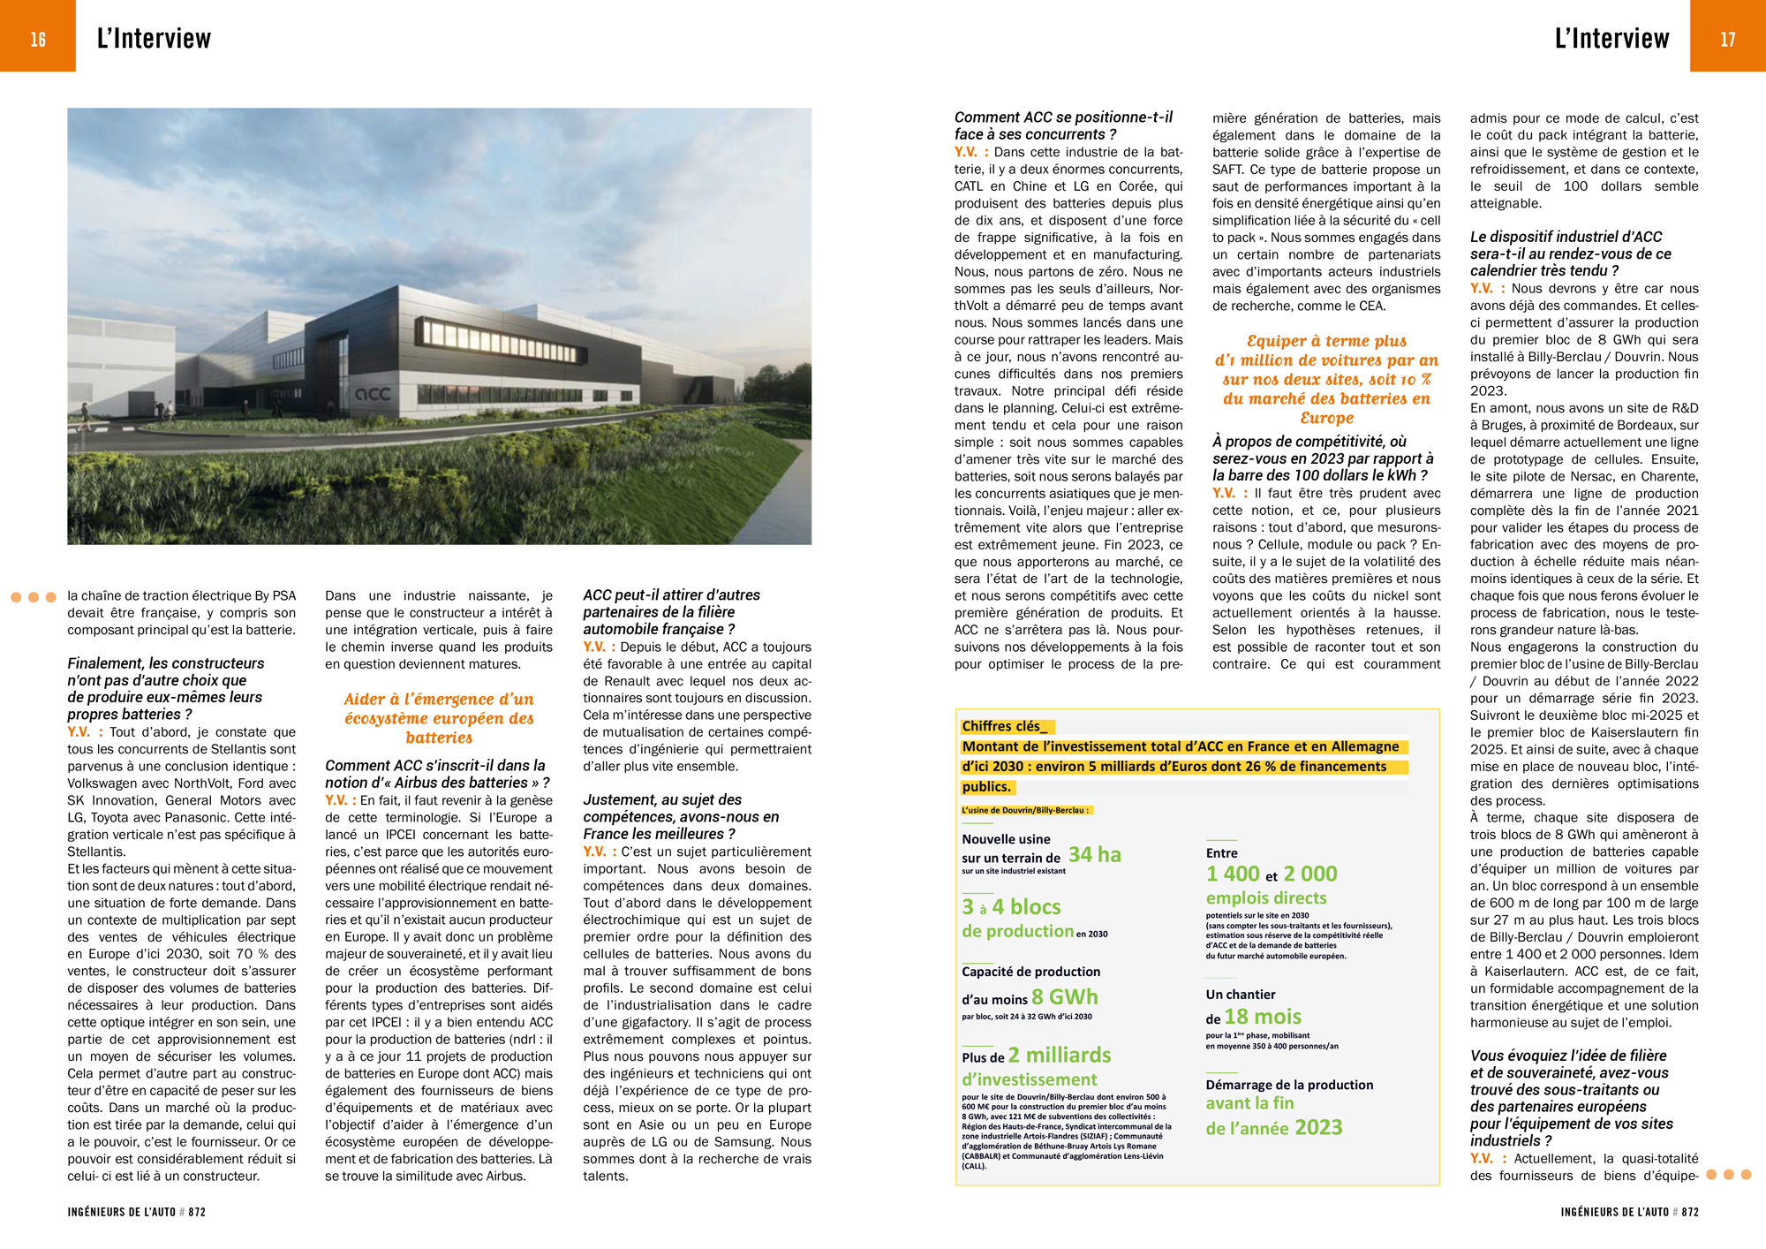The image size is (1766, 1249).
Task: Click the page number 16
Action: [x=38, y=39]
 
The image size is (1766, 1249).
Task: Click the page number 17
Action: [x=1727, y=39]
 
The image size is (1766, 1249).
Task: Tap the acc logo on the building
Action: [x=372, y=394]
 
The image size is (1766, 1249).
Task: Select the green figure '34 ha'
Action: [x=1094, y=854]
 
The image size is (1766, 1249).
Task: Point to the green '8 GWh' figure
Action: [x=1064, y=996]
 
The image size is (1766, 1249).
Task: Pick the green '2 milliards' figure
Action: [x=1059, y=1055]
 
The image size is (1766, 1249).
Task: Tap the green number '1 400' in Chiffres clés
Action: [x=1233, y=874]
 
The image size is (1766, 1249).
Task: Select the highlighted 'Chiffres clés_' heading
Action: [x=1004, y=726]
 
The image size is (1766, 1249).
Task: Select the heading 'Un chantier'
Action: [x=1240, y=994]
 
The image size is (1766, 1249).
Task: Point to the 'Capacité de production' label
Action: [x=1030, y=971]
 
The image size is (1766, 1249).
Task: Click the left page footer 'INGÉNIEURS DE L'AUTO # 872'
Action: [x=136, y=1212]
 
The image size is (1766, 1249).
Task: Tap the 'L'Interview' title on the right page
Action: [x=1611, y=39]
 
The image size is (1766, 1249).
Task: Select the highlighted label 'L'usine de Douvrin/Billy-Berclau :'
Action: [x=1026, y=810]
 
